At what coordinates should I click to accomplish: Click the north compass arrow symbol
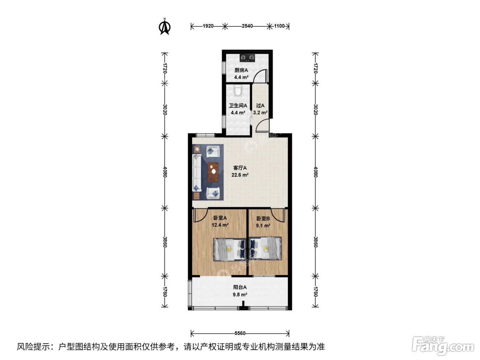tap(165, 27)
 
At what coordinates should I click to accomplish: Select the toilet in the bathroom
tap(238, 90)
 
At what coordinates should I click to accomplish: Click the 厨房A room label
tap(241, 70)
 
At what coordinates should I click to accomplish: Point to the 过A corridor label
tap(260, 106)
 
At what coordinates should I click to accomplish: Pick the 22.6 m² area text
tap(240, 175)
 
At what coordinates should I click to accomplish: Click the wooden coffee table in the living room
tap(213, 172)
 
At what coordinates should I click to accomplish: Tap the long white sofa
tap(197, 173)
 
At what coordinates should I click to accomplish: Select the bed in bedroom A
tap(230, 249)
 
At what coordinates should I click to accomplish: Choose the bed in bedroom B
tap(265, 249)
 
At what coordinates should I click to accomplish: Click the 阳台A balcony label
tap(240, 287)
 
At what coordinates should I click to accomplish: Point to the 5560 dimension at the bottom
tap(240, 333)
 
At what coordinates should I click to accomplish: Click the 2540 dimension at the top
tap(247, 26)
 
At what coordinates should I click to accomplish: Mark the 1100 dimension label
tap(279, 26)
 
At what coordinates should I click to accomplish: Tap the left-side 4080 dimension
tap(165, 172)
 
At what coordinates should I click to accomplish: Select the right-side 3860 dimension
tap(315, 242)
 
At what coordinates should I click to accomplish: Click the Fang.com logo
tap(443, 346)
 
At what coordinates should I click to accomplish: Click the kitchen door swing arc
tap(260, 75)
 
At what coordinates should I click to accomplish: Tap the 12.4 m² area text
tap(220, 225)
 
